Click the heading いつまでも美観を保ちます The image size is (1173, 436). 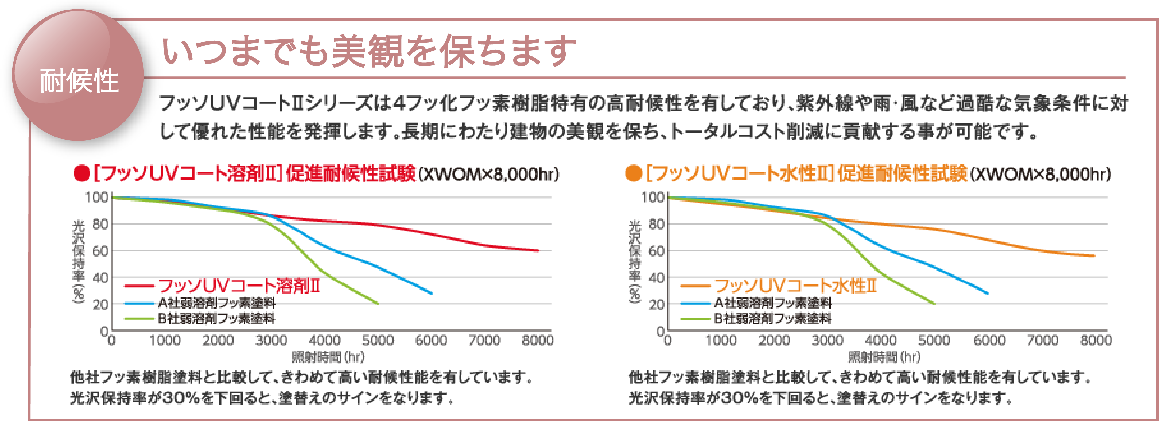tap(369, 51)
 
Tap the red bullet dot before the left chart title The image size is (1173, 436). tap(82, 174)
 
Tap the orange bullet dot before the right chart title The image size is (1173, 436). tap(633, 174)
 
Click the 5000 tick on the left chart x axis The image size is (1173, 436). tap(378, 341)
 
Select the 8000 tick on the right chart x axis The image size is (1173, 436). tap(1096, 341)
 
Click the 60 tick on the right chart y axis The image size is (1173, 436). tap(656, 251)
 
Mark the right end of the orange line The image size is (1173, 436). tap(1094, 256)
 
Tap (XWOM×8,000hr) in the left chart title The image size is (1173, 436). tap(489, 174)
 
